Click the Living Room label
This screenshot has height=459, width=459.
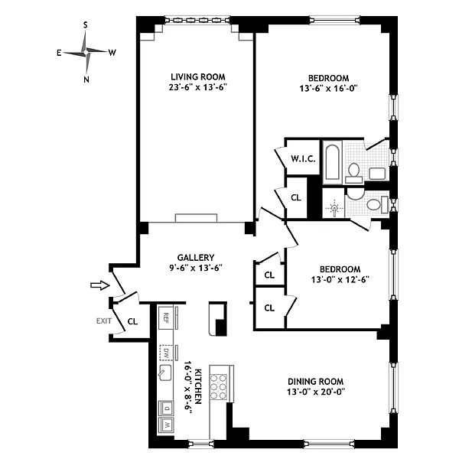click(198, 77)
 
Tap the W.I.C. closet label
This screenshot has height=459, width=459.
click(303, 159)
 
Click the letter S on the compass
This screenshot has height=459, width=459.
click(86, 25)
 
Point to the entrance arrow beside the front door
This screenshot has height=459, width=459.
click(100, 285)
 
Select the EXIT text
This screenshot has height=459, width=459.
click(104, 321)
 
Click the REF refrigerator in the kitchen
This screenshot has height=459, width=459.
click(166, 317)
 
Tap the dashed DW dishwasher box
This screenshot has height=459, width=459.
click(166, 353)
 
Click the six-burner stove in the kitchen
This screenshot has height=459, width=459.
click(219, 387)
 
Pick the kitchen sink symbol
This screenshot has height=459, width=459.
click(165, 373)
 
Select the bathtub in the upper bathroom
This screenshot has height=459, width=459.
click(332, 162)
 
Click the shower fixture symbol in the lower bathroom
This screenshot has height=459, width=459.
click(334, 209)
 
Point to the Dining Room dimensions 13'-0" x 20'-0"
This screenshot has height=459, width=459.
click(316, 392)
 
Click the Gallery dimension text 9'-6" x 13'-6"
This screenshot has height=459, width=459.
click(196, 268)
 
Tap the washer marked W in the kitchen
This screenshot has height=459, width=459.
click(166, 425)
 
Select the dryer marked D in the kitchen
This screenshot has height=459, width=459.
click(166, 408)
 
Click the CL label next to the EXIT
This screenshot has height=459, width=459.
click(132, 321)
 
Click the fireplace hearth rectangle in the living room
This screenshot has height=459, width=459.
click(196, 218)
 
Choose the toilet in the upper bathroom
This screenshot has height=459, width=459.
click(353, 172)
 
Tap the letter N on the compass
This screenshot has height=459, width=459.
click(86, 80)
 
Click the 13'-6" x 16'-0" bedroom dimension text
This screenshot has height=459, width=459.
click(328, 89)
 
